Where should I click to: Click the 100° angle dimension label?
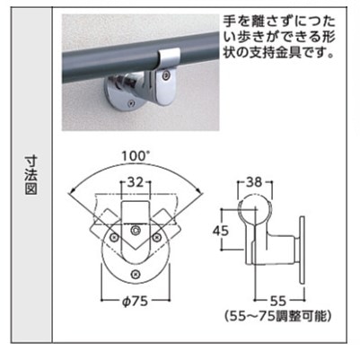coord(136,156)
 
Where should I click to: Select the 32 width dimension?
coord(136,182)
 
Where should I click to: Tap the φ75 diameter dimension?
coord(136,302)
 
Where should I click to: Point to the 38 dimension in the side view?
coord(254,182)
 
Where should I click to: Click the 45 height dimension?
coord(221,231)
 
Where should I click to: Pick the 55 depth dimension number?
coord(277,301)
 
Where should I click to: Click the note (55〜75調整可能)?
coord(278,316)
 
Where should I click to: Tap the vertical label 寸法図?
coord(31,175)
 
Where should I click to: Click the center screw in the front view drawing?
coord(136,231)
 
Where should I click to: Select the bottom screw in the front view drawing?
coord(136,273)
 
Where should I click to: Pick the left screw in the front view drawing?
coord(114,238)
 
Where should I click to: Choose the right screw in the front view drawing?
coord(156,238)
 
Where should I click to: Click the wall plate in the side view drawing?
coord(303,250)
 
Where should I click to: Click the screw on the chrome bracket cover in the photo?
coord(165,76)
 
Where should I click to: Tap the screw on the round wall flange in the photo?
coord(129,103)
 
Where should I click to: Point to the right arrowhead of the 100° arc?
coord(198,189)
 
